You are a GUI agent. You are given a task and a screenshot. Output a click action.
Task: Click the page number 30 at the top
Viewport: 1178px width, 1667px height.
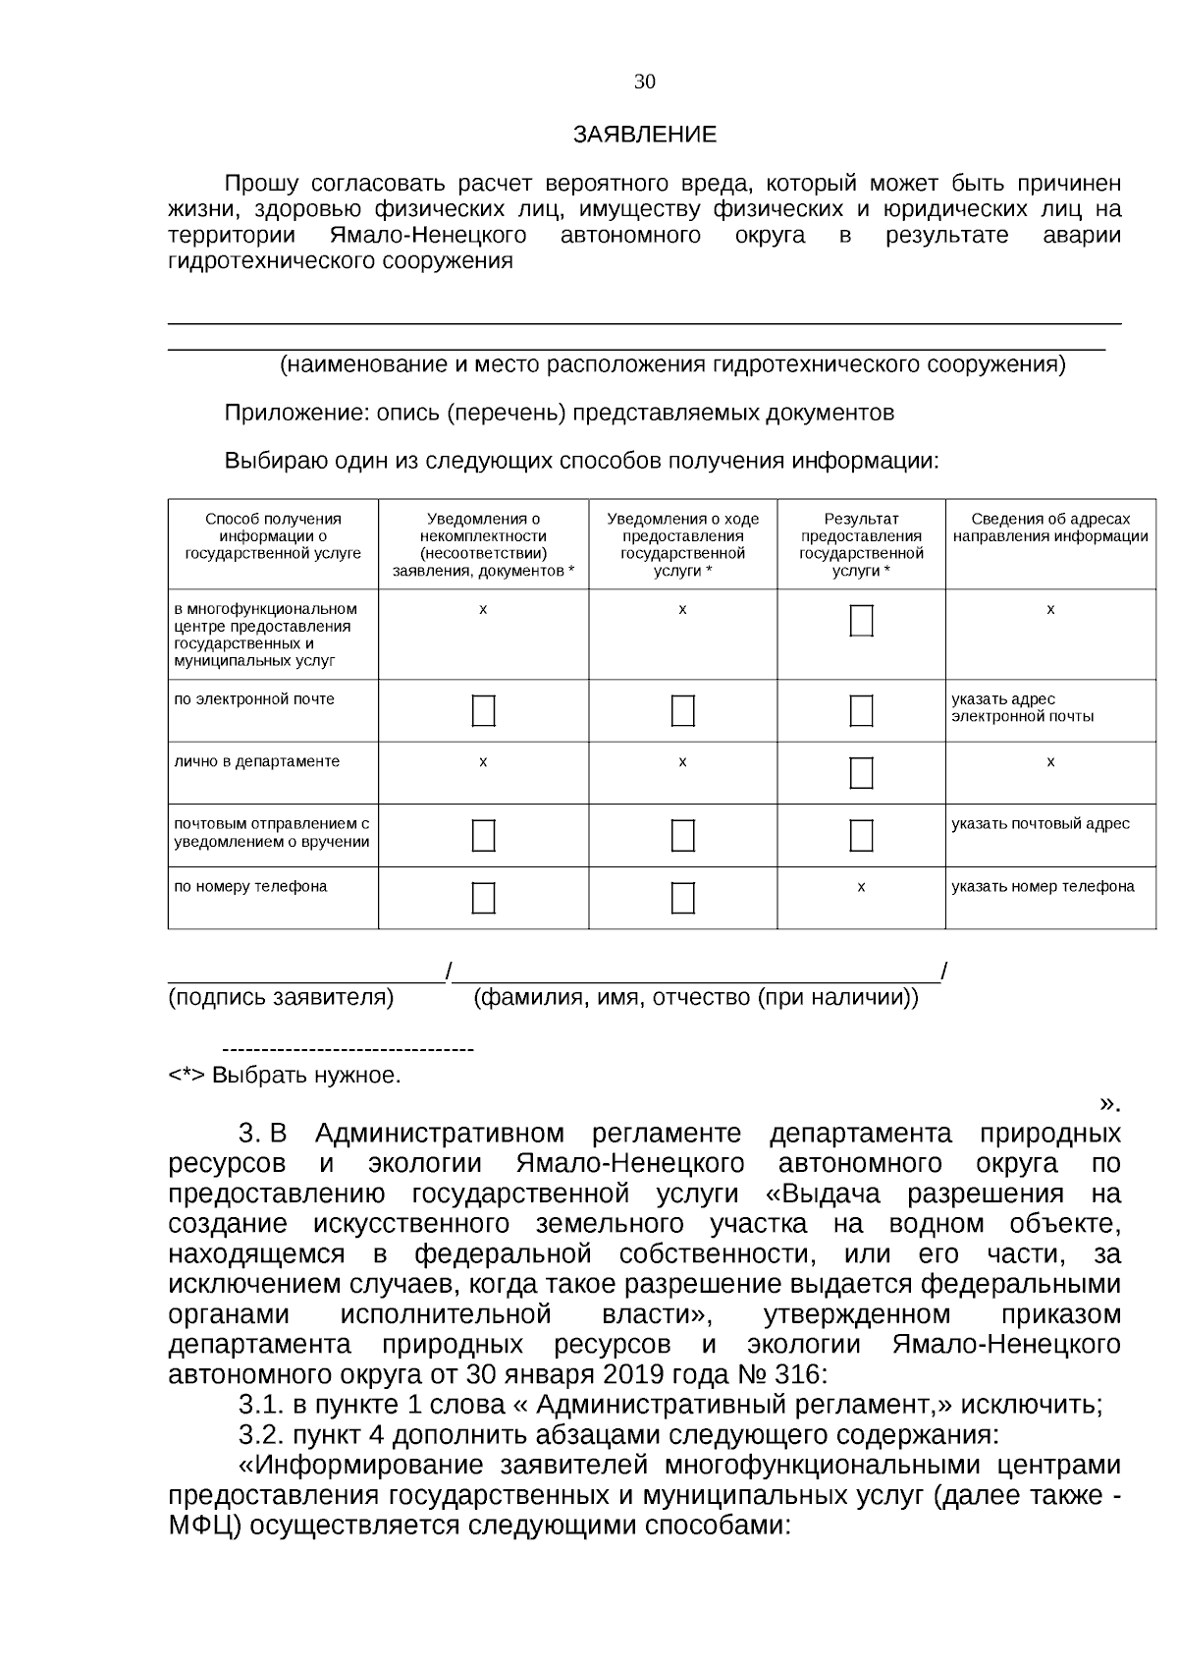pyautogui.click(x=644, y=83)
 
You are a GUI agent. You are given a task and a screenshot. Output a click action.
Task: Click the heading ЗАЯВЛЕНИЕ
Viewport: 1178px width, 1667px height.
pyautogui.click(x=644, y=136)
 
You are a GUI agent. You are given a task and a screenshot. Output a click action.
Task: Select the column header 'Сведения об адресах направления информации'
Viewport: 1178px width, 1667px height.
pyautogui.click(x=1049, y=528)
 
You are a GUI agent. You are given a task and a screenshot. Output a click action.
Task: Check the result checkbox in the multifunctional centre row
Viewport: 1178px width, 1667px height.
pyautogui.click(x=861, y=621)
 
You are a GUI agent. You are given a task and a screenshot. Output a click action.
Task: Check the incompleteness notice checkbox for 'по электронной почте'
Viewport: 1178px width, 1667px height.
pyautogui.click(x=483, y=710)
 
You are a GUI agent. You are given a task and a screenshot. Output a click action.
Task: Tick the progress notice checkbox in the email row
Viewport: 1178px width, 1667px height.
pyautogui.click(x=682, y=710)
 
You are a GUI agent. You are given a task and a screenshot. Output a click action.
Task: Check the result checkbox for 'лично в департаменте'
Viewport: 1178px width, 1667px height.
pyautogui.click(x=861, y=773)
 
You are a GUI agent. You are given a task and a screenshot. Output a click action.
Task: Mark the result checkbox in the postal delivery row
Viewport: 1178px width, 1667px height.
pyautogui.click(x=861, y=835)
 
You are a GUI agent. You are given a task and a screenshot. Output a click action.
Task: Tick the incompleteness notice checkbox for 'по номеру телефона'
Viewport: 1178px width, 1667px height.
pyautogui.click(x=483, y=898)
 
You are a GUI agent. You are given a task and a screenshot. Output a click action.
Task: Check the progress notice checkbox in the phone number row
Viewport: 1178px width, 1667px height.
pyautogui.click(x=682, y=898)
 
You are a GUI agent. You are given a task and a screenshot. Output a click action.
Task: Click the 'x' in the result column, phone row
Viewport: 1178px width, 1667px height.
pyautogui.click(x=861, y=887)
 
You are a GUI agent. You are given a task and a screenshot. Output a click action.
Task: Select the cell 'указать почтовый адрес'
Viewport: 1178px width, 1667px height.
pyautogui.click(x=1040, y=824)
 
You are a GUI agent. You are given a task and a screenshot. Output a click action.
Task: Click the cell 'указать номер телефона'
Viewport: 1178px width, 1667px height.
pyautogui.click(x=1043, y=887)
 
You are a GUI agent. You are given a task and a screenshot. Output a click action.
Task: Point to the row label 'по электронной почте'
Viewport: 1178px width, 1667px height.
pyautogui.click(x=254, y=699)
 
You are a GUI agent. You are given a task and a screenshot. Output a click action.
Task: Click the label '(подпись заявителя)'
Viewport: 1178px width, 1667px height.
pyautogui.click(x=281, y=999)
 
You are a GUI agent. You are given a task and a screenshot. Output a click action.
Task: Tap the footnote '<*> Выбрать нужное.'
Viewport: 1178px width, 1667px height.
pyautogui.click(x=285, y=1076)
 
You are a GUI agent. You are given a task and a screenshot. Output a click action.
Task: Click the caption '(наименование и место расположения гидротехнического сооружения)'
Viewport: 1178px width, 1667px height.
pyautogui.click(x=672, y=365)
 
